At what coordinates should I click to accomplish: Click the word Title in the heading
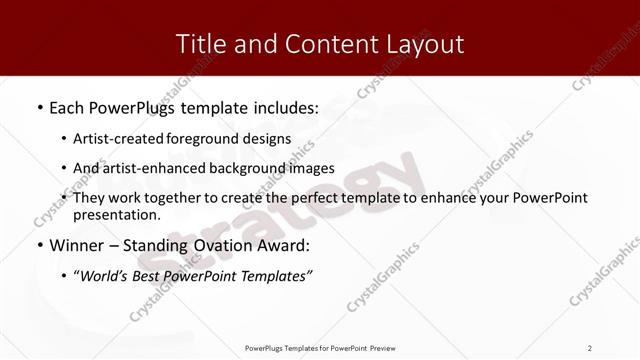tap(199, 45)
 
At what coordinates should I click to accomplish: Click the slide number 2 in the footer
tap(590, 348)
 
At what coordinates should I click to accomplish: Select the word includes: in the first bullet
tap(283, 107)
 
